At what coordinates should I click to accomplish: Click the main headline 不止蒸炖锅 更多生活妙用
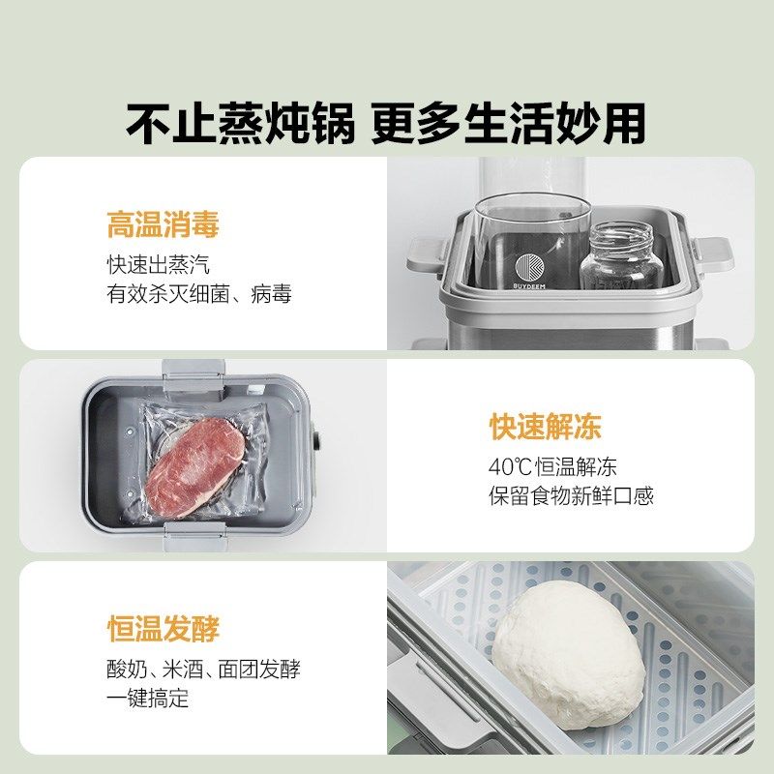click(386, 123)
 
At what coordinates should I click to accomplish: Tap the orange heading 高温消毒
click(163, 225)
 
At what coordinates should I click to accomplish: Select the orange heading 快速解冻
click(545, 427)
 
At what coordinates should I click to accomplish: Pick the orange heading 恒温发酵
click(163, 629)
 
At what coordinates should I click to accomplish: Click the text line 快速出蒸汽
click(158, 265)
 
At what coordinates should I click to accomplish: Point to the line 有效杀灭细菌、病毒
click(198, 294)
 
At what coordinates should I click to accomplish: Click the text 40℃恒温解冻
click(551, 467)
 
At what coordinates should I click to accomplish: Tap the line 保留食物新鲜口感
click(571, 496)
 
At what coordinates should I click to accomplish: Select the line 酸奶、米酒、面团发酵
click(203, 670)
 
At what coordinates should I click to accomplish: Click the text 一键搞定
click(147, 699)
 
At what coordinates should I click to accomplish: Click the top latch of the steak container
click(193, 372)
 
